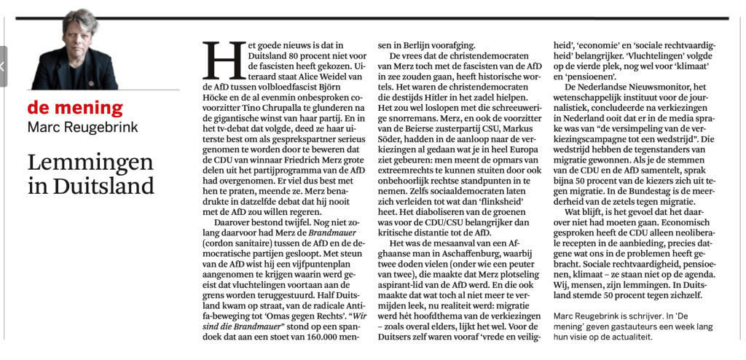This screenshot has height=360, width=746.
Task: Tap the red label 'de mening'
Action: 75,108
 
